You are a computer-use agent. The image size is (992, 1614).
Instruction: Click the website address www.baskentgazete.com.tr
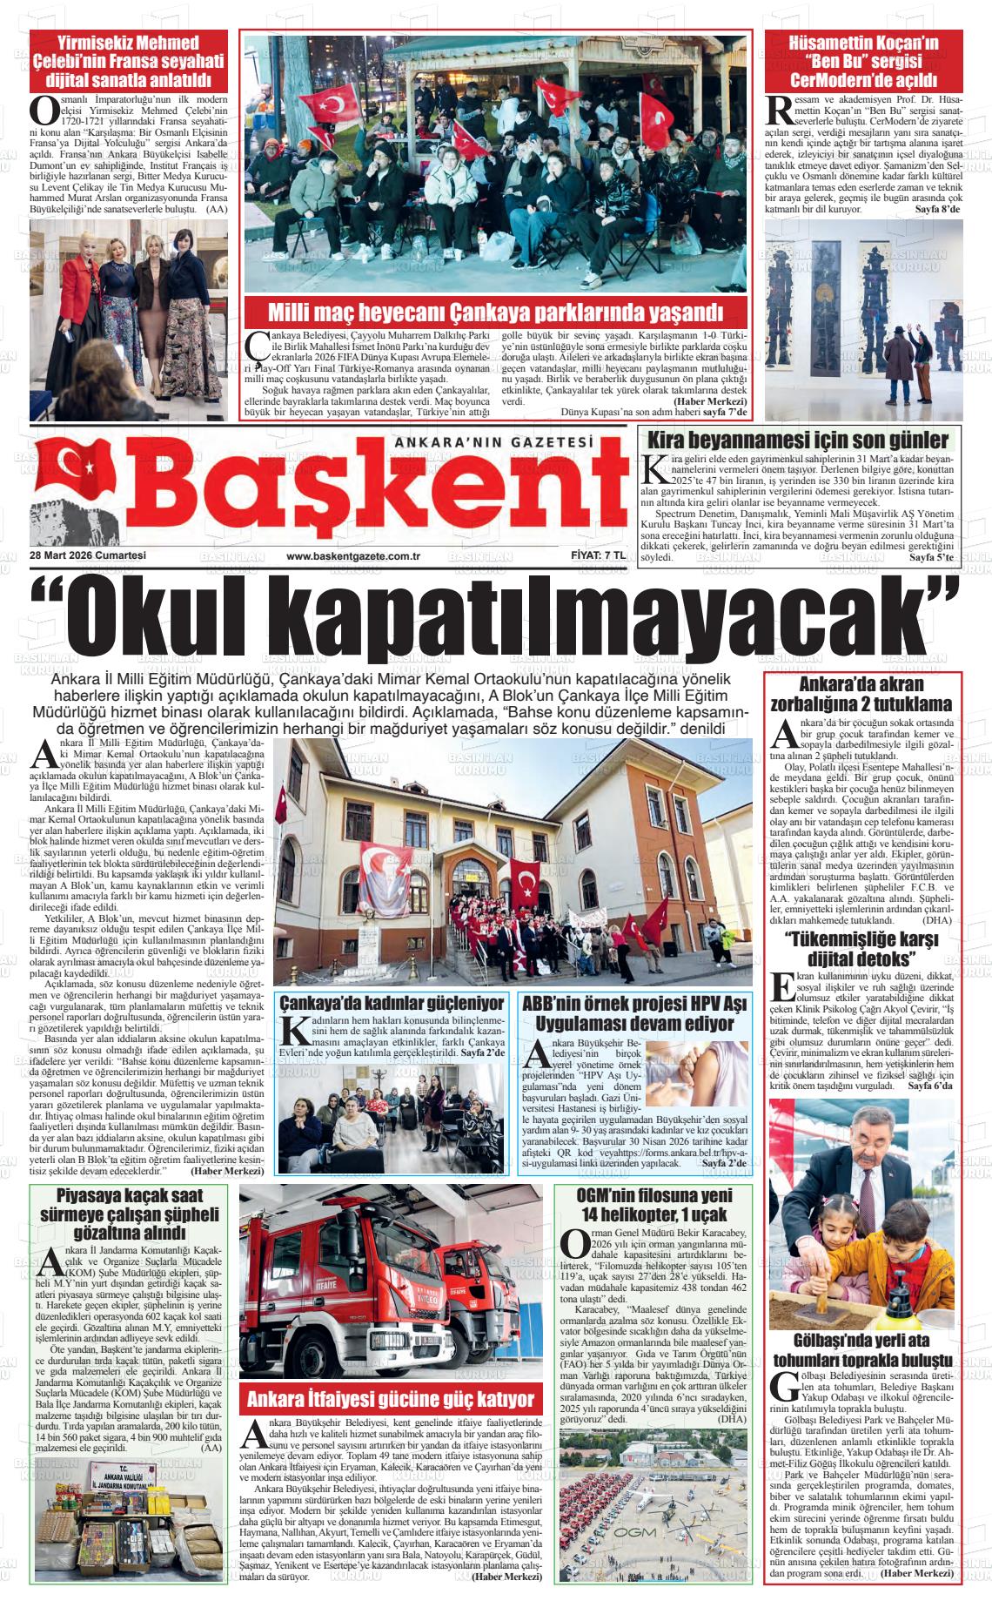pyautogui.click(x=353, y=556)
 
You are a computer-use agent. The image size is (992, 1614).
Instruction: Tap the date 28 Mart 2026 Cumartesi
pyautogui.click(x=87, y=556)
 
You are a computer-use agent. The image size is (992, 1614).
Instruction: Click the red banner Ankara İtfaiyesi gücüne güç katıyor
pyautogui.click(x=390, y=1399)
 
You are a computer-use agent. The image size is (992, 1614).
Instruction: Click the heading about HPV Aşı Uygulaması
pyautogui.click(x=634, y=1012)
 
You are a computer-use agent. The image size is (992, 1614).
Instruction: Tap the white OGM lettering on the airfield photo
pyautogui.click(x=636, y=1556)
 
